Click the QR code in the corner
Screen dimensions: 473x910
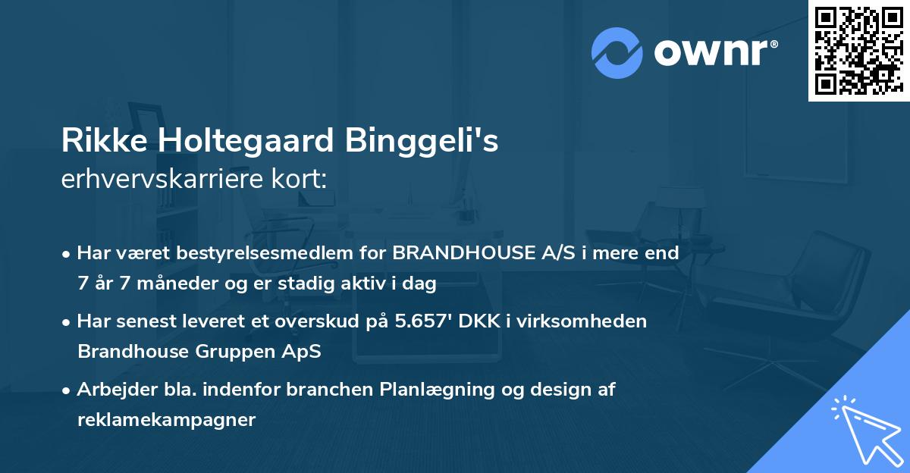[858, 50]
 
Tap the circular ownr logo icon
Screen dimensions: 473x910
[617, 52]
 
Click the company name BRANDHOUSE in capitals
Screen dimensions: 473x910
[462, 253]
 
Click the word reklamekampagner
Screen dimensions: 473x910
[166, 419]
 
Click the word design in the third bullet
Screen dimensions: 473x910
[552, 389]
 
